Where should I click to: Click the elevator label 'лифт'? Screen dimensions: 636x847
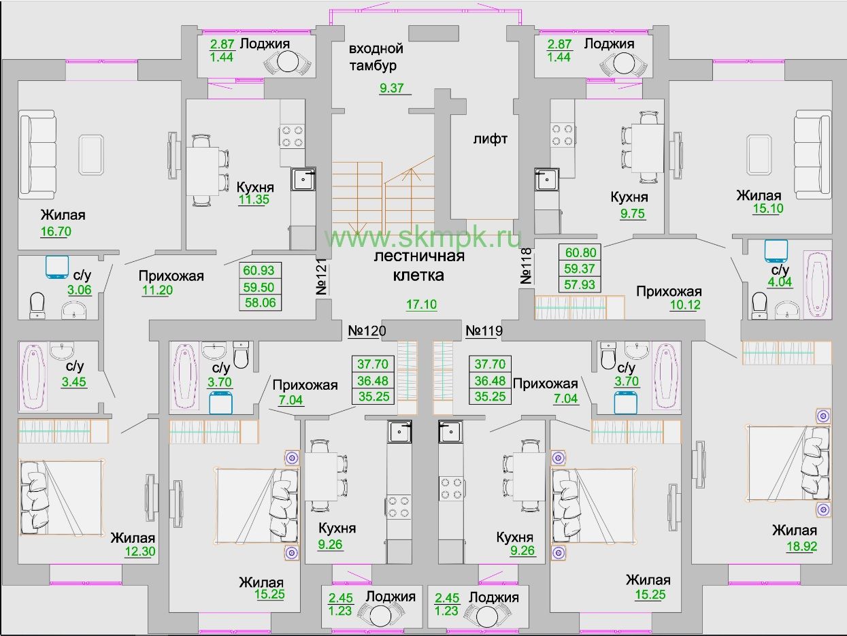(490, 139)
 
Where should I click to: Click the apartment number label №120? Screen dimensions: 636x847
(367, 331)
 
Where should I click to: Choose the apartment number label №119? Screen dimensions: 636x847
(484, 331)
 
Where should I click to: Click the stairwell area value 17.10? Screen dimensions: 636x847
(421, 305)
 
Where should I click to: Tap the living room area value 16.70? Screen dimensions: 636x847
(56, 231)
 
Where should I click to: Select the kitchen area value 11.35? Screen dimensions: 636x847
(255, 199)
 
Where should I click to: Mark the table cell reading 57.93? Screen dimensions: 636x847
(580, 284)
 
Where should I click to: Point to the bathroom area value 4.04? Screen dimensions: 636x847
(779, 282)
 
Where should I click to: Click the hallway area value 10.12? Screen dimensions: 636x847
(684, 304)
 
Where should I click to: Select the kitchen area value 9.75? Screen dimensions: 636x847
(628, 213)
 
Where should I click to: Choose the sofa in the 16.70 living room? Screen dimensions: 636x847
(37, 155)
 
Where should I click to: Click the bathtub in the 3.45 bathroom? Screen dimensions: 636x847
(35, 375)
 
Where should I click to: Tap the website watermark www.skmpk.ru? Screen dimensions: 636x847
(422, 237)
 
